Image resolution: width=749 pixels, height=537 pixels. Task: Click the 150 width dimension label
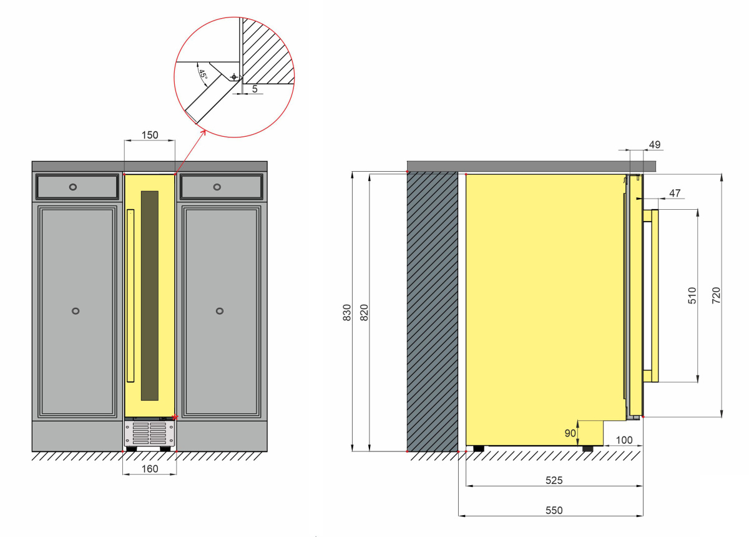pyautogui.click(x=149, y=135)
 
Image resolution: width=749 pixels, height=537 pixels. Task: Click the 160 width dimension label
pyautogui.click(x=149, y=469)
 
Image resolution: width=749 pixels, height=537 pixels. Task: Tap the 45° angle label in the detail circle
pyautogui.click(x=203, y=74)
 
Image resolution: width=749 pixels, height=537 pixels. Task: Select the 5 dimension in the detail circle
pyautogui.click(x=255, y=89)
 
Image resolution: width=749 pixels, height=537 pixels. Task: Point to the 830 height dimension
pyautogui.click(x=347, y=312)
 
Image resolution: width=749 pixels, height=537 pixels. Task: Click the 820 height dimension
pyautogui.click(x=364, y=312)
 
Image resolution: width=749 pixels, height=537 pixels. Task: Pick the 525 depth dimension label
pyautogui.click(x=554, y=480)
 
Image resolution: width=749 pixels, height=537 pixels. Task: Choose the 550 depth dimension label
pyautogui.click(x=554, y=510)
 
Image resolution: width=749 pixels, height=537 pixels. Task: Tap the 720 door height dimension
pyautogui.click(x=716, y=295)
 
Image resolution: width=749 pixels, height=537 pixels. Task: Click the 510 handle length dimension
pyautogui.click(x=692, y=295)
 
